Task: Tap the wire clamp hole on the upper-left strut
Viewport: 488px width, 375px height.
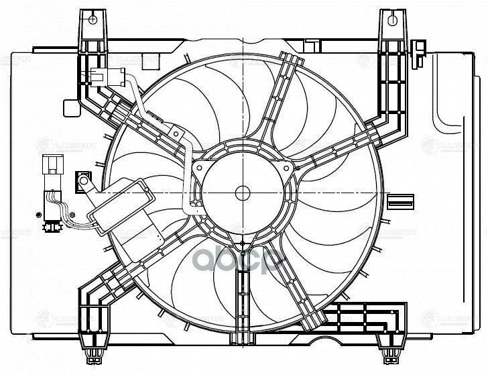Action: [x=175, y=134]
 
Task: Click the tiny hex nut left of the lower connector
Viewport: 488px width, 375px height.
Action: [x=39, y=215]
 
